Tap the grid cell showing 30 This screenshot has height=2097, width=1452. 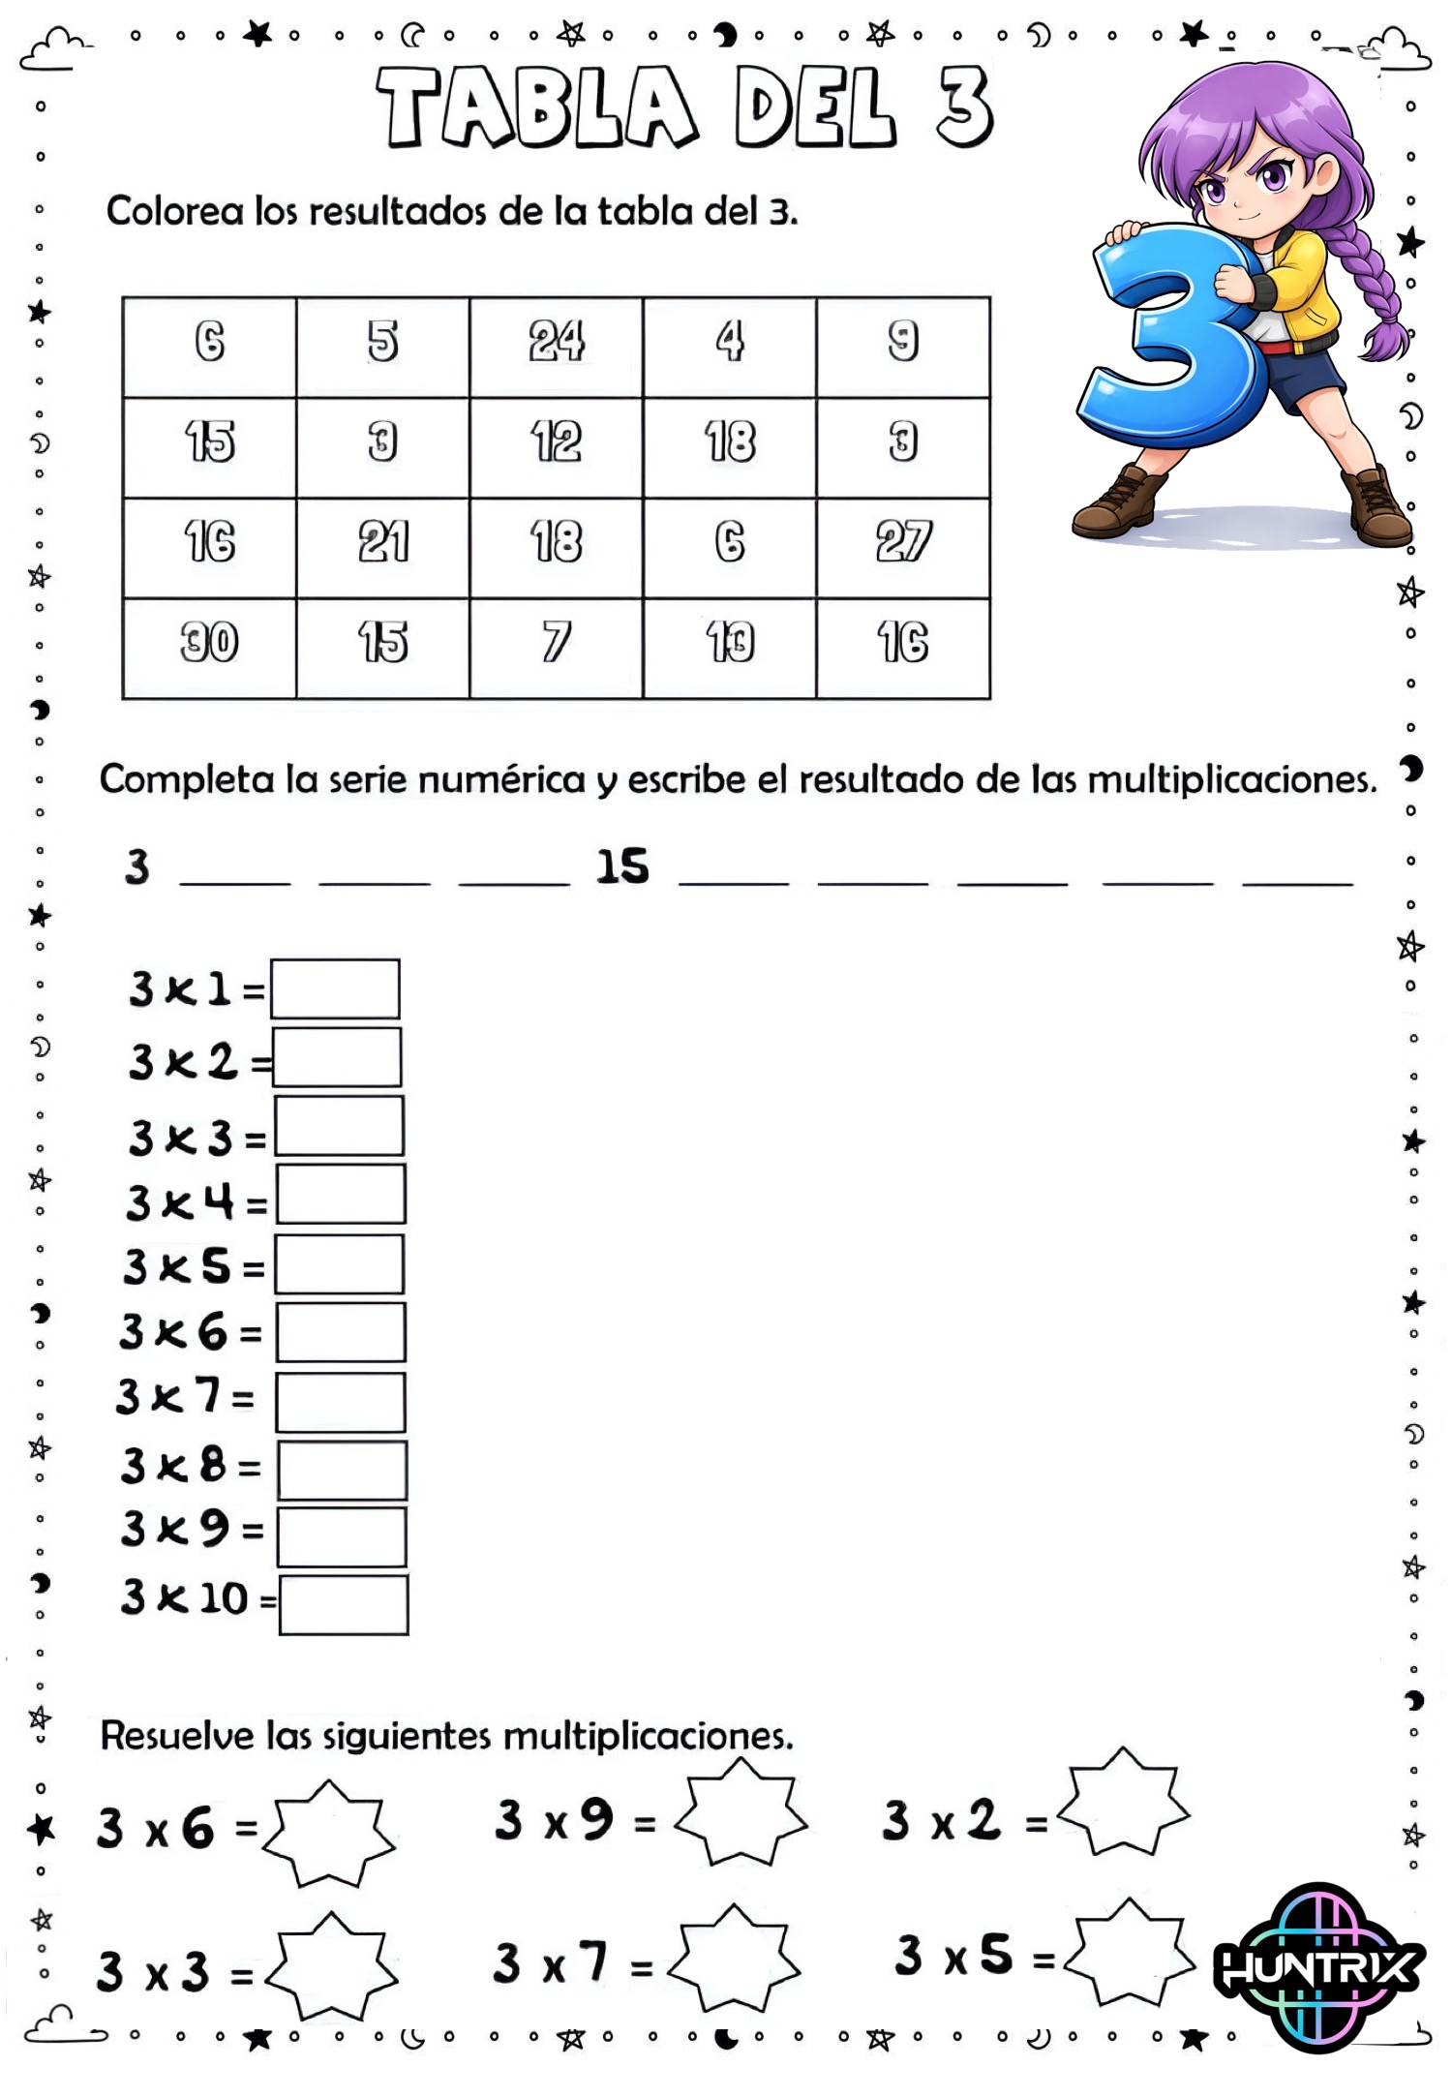pos(209,647)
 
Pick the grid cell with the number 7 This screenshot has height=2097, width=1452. pos(556,647)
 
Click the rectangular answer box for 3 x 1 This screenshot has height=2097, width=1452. pos(335,988)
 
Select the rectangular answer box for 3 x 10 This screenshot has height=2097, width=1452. pos(344,1605)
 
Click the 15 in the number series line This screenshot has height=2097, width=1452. pos(621,866)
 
